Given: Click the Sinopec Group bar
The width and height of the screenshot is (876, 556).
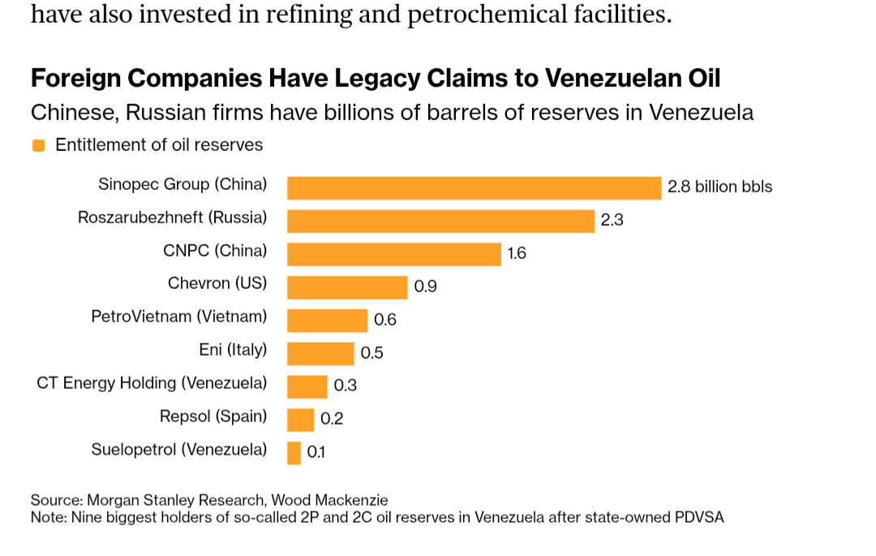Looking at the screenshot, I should [474, 187].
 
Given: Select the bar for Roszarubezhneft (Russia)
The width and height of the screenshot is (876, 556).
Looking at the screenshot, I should [441, 221].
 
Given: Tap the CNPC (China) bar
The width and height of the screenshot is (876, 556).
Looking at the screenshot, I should [394, 254].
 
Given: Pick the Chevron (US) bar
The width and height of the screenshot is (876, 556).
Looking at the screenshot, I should [347, 287].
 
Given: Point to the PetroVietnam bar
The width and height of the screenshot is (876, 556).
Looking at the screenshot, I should [328, 321].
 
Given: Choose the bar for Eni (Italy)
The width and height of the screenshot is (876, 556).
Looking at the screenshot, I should [321, 354].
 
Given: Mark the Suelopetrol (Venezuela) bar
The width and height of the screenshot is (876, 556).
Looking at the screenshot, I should [294, 453].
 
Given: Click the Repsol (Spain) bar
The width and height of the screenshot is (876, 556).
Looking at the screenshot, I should [301, 420].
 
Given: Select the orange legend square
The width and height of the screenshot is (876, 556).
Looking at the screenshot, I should [38, 146].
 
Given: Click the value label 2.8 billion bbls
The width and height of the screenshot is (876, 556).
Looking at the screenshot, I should [719, 187].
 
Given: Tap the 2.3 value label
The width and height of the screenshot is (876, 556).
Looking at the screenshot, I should [612, 220].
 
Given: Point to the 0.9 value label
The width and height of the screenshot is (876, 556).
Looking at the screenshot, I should [425, 287].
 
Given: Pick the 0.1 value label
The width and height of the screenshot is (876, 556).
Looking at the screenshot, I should [316, 453].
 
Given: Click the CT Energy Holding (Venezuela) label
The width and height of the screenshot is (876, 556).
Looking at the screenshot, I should [152, 383].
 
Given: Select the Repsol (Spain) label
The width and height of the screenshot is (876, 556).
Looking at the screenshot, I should [213, 416].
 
